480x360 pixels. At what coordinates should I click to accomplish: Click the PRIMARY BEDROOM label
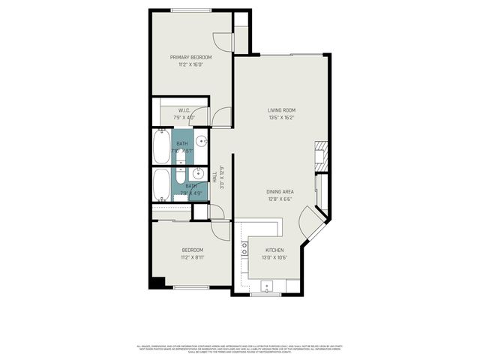(x=190, y=57)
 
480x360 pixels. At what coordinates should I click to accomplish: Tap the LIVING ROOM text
(x=282, y=109)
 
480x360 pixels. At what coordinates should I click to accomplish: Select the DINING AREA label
(x=279, y=191)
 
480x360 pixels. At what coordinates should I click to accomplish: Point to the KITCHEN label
(x=274, y=250)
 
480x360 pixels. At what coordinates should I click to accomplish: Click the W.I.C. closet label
(x=184, y=110)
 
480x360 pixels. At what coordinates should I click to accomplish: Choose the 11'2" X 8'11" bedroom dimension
(x=192, y=257)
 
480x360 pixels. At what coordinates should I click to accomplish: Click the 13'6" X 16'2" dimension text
(x=282, y=117)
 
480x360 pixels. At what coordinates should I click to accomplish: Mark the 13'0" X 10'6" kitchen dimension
(x=274, y=258)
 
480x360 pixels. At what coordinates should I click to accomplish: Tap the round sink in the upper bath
(x=202, y=141)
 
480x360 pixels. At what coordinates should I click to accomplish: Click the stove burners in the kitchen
(x=244, y=248)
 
